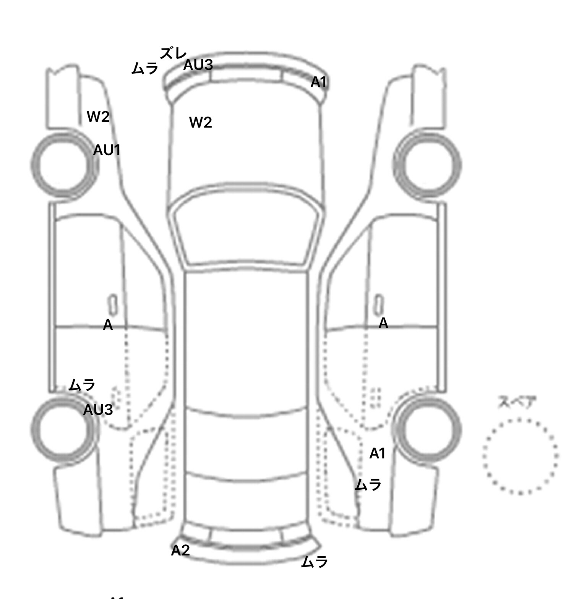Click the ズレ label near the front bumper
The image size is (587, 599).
point(173,53)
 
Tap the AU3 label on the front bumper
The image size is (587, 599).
point(198,65)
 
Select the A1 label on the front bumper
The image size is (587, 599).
point(318,82)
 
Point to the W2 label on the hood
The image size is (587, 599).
point(200,123)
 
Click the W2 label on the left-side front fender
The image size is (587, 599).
point(98,117)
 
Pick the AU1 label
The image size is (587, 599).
point(107,151)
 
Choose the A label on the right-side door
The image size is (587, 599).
point(383,324)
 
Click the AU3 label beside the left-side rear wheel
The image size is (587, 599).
point(98,410)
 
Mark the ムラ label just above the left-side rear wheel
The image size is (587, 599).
point(82,385)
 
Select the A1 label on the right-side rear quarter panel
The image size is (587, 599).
point(377,453)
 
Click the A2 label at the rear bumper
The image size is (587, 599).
point(180,550)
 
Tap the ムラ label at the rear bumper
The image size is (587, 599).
point(315,562)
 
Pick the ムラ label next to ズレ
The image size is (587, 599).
point(145,69)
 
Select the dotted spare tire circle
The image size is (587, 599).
point(520,456)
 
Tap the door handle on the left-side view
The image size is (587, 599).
point(113,303)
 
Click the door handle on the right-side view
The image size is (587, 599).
point(379,303)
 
